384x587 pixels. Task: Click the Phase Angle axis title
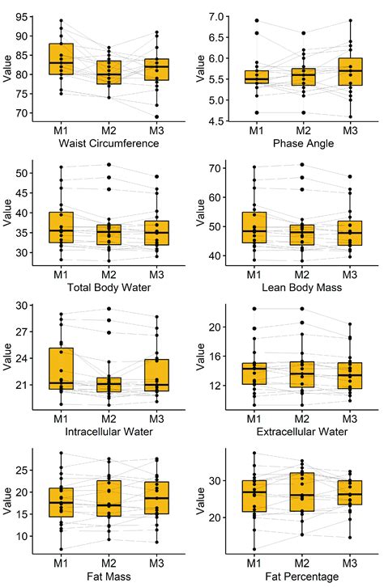[304, 143]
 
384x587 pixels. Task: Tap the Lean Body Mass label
[304, 287]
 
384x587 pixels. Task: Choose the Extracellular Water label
[304, 430]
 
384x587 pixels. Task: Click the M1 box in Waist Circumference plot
[61, 59]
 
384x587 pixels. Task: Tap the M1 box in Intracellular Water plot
[61, 369]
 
